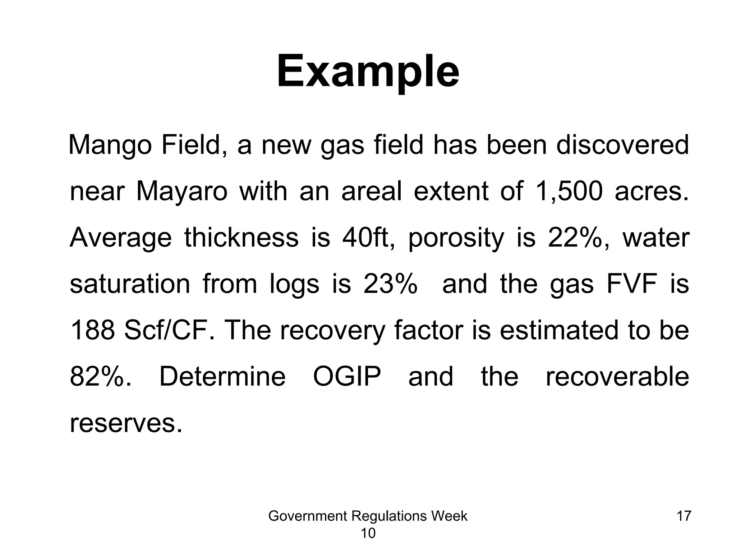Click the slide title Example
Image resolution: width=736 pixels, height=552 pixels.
[368, 72]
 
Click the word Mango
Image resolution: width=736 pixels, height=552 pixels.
[110, 145]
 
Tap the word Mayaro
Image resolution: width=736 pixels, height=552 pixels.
[181, 192]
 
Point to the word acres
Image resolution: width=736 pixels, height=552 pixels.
[652, 191]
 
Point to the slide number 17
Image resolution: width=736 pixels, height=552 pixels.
[684, 516]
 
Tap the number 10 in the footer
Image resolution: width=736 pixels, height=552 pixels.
[368, 533]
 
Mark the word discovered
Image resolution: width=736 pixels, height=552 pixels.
[622, 145]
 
